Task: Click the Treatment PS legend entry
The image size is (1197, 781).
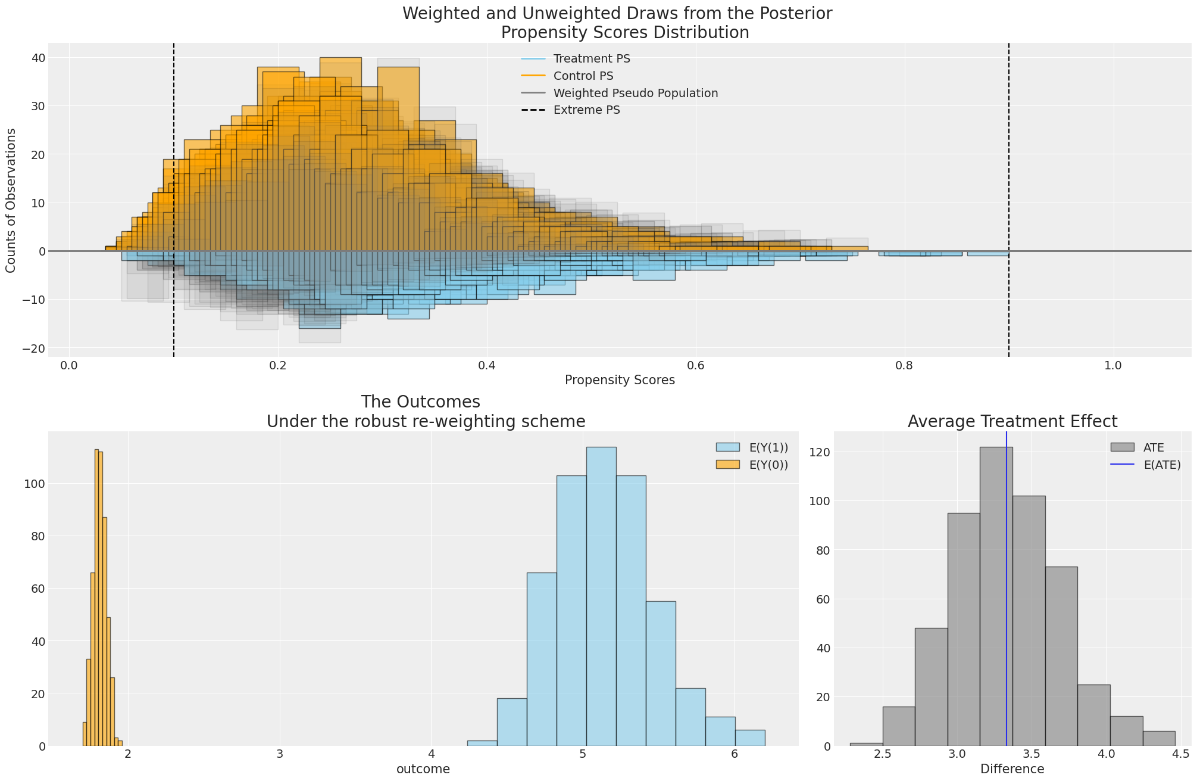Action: (x=591, y=59)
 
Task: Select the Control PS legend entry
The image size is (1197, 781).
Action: (x=583, y=76)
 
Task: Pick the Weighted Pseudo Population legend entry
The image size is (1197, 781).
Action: (x=635, y=94)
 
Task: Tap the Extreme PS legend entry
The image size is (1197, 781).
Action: (x=586, y=110)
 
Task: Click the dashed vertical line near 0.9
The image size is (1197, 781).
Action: (x=1009, y=179)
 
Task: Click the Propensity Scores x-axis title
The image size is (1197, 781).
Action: (x=620, y=380)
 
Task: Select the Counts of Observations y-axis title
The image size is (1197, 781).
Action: (x=11, y=200)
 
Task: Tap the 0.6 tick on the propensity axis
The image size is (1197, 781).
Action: (x=695, y=365)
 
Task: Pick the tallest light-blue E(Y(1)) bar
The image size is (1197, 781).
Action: (x=601, y=596)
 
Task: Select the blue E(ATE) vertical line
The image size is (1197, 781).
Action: (x=1007, y=596)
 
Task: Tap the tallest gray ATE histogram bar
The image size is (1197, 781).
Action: (x=996, y=596)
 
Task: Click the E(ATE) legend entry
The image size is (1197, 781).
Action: (x=1162, y=465)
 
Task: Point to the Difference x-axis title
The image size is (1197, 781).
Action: (x=1012, y=769)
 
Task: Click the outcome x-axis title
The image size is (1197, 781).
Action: (x=423, y=769)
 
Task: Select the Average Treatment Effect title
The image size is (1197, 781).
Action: (x=1012, y=422)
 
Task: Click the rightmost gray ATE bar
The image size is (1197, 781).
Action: (x=1158, y=738)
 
